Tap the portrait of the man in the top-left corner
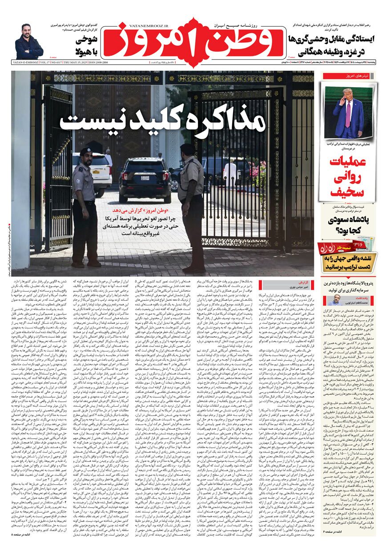coord(29,42)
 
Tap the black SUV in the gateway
coord(144,178)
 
